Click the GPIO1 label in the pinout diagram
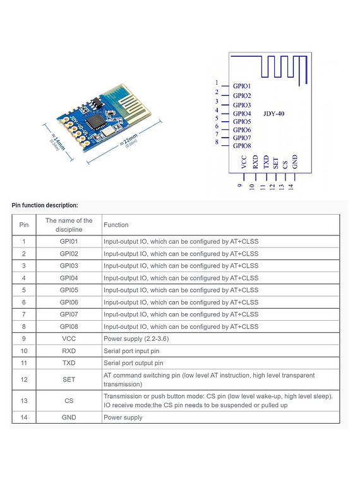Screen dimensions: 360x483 (x=242, y=86)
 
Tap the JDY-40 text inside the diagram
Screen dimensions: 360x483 (x=273, y=114)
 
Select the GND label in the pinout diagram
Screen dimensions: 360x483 (x=295, y=162)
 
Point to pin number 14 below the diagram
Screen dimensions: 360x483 (x=291, y=186)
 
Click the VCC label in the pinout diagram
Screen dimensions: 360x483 (x=244, y=162)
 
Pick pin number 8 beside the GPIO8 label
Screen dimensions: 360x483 (x=217, y=142)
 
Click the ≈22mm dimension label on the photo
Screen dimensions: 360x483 (x=129, y=140)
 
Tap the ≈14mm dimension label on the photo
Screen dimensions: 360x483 (x=58, y=141)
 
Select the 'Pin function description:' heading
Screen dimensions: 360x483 (x=45, y=205)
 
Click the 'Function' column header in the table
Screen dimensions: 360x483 (x=116, y=225)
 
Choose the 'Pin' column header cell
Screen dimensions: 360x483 (x=24, y=225)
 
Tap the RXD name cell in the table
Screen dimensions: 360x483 (x=69, y=351)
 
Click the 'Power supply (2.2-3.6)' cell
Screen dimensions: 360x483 (x=136, y=339)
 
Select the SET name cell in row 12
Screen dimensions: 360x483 (x=69, y=379)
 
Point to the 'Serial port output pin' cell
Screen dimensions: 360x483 (x=133, y=363)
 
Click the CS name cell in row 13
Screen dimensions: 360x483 (x=69, y=401)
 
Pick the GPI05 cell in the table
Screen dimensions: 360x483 (x=69, y=290)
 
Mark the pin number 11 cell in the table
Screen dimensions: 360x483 (x=24, y=363)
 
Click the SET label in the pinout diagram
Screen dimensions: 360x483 (x=276, y=164)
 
